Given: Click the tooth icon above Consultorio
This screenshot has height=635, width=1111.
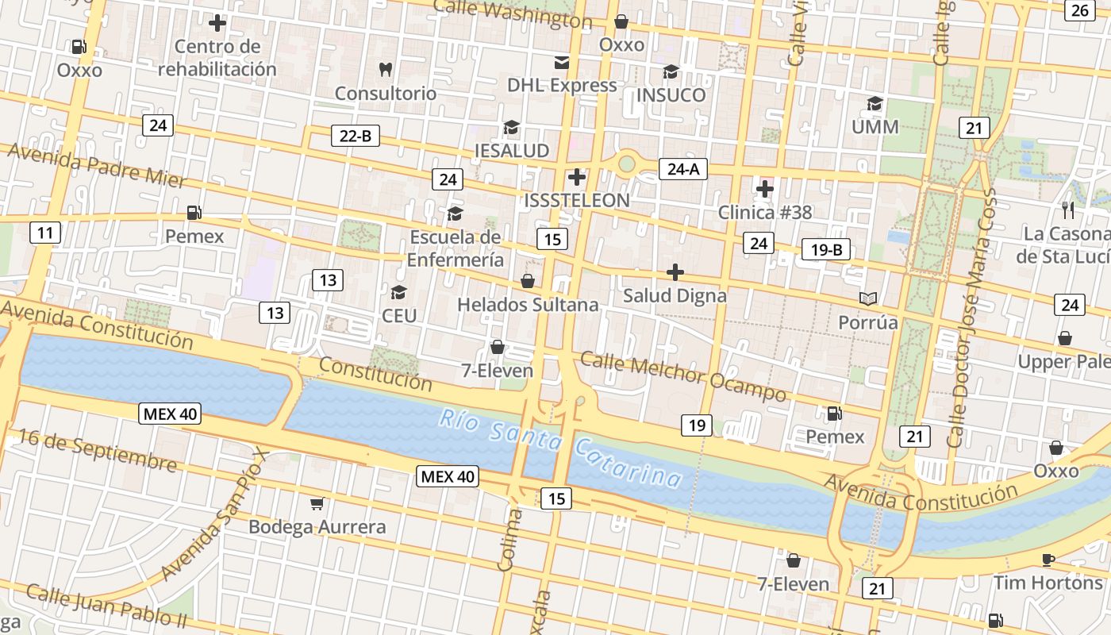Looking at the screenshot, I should [x=386, y=69].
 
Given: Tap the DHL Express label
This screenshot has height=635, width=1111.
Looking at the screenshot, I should [x=562, y=86].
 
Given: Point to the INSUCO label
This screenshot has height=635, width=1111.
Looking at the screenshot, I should [x=671, y=95].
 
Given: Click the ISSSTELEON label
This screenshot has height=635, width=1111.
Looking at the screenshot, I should [x=577, y=201].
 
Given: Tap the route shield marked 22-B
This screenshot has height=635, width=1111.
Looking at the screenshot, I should [x=355, y=136].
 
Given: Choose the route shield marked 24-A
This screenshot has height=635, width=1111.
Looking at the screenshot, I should [x=682, y=168].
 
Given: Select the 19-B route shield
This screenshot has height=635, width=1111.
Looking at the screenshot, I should [x=826, y=250].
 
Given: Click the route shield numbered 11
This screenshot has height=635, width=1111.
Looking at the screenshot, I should [x=45, y=233].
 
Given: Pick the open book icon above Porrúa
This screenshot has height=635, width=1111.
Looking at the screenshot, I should [x=868, y=298].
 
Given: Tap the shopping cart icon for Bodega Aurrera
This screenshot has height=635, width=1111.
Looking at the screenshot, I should [x=317, y=503].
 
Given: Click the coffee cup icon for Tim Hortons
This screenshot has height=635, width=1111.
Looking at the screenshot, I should [x=1048, y=560].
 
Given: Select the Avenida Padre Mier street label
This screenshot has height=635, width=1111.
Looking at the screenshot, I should [x=98, y=165].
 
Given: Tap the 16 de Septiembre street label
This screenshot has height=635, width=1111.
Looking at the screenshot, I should [x=98, y=450].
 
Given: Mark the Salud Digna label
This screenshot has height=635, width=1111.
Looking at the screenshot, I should [x=675, y=296].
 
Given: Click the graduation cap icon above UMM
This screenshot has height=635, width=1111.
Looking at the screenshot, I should [x=875, y=103].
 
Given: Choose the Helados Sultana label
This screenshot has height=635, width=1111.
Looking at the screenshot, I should [x=528, y=305].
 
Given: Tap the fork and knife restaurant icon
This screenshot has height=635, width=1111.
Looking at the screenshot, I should [x=1068, y=210].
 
